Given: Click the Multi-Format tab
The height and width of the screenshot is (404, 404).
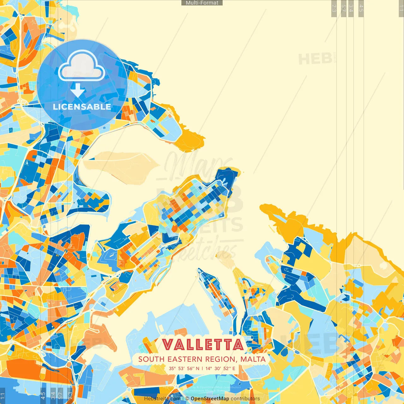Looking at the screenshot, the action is coord(202,3).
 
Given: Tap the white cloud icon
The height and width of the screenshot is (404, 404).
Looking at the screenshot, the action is coord(81,67).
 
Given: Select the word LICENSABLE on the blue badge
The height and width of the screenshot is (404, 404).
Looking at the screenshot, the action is coord(82,107).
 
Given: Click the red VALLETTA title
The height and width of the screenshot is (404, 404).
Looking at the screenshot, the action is coord(203,345).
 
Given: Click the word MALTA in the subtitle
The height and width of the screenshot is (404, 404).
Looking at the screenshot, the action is coord(253,359).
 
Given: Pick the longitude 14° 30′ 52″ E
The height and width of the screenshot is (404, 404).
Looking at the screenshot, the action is coord(220,368).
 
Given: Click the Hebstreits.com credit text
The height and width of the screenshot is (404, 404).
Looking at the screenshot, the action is coord(162,399).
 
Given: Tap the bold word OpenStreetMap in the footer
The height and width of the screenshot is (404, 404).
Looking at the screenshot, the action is coord(210,399).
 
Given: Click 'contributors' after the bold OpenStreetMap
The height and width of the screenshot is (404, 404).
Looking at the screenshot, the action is coord(245,399).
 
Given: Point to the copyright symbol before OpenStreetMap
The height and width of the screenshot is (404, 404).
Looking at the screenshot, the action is coord(187,399).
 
